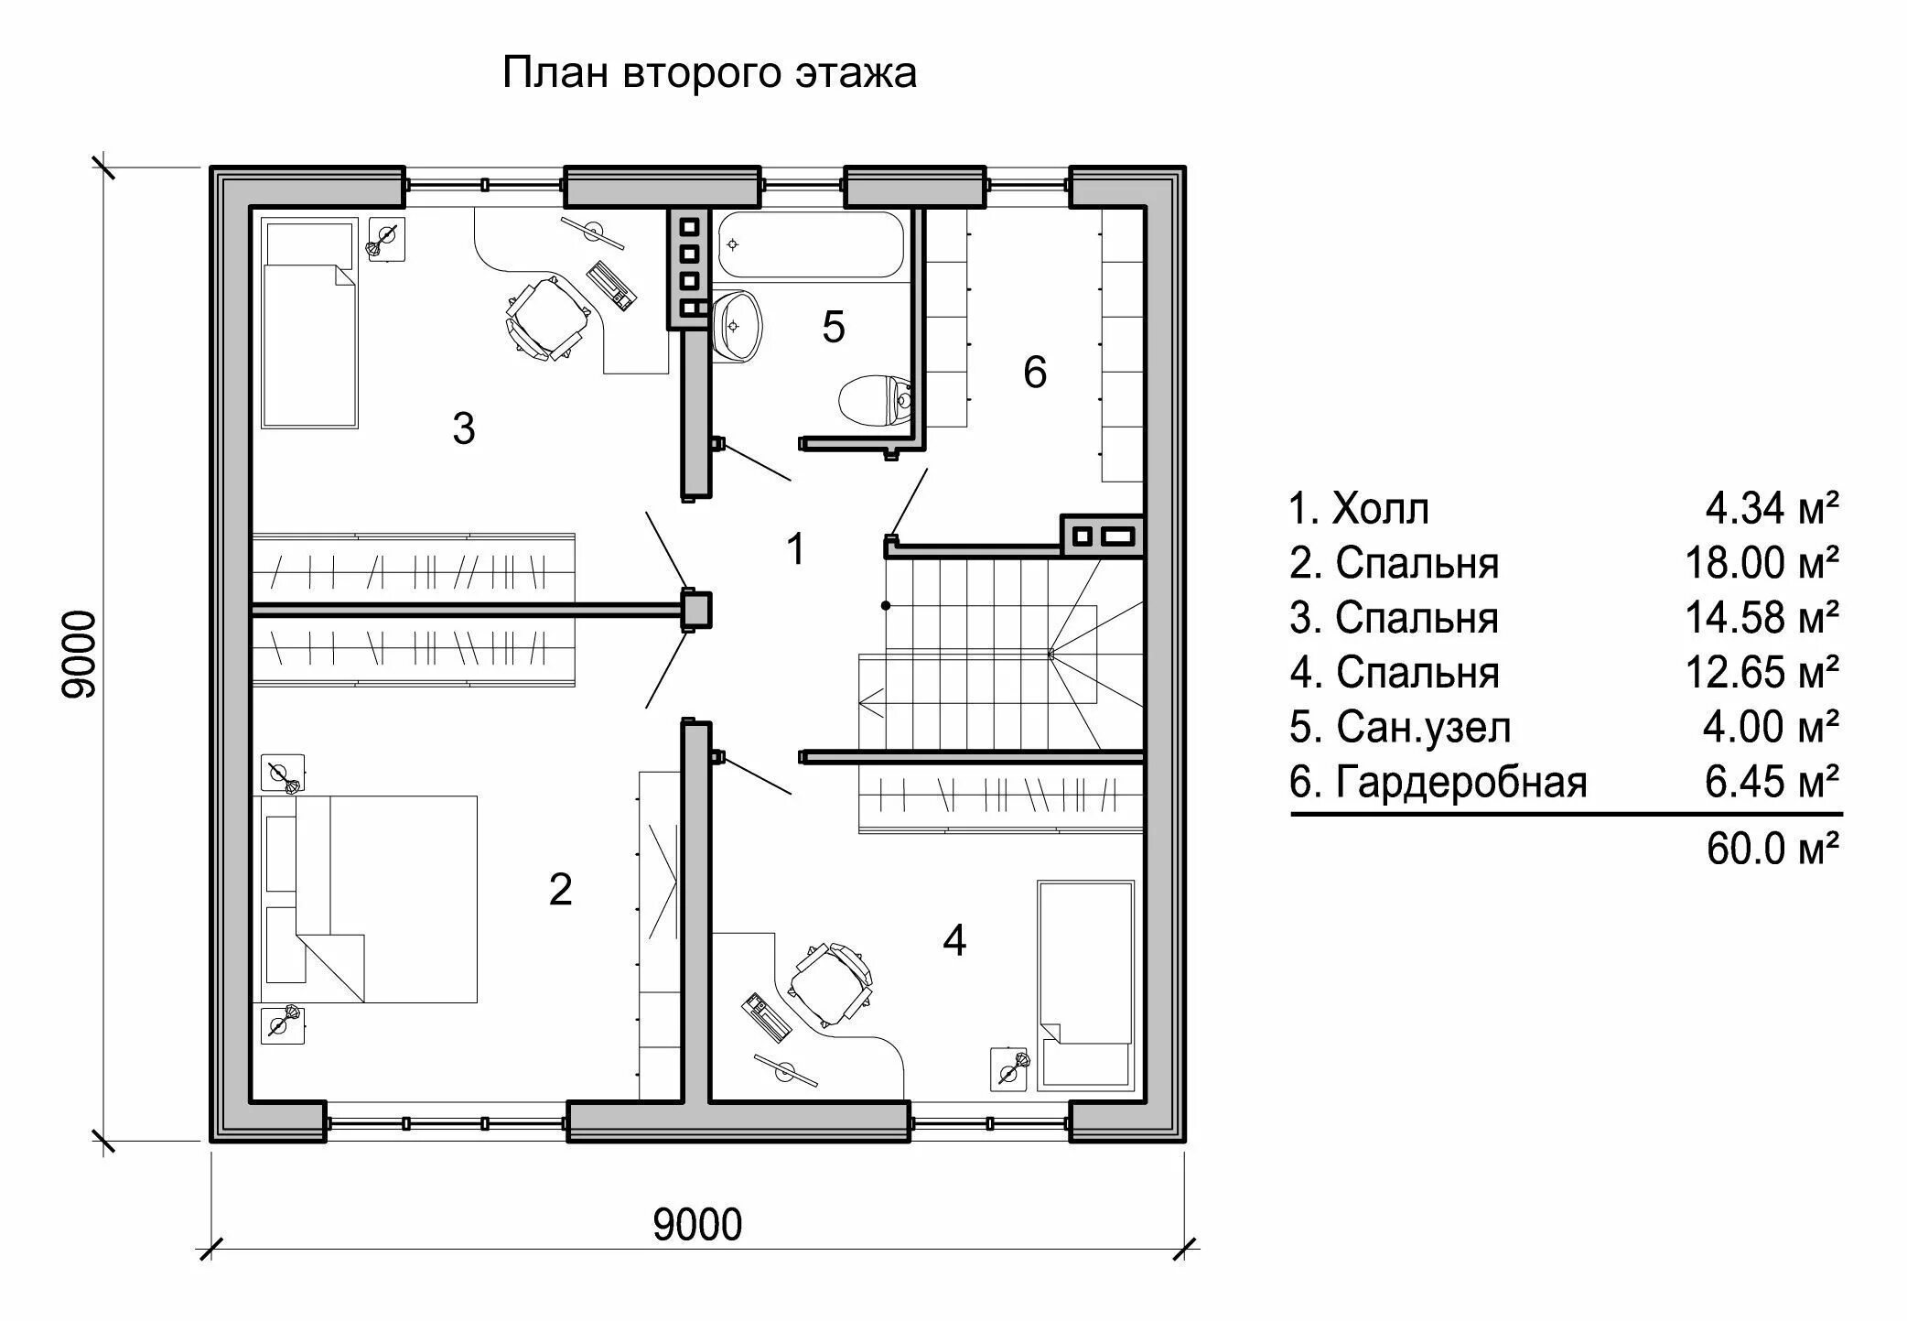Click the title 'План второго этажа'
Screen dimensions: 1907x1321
pos(709,73)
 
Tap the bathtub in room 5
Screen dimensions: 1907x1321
pos(811,244)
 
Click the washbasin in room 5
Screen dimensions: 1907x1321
pos(738,326)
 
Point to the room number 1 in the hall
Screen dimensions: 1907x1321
pos(796,548)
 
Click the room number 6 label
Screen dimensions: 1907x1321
pos(1035,372)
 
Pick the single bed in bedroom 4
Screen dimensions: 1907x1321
pos(1086,985)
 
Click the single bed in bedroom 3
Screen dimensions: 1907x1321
pos(309,322)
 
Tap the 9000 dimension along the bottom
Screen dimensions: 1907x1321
pos(697,1225)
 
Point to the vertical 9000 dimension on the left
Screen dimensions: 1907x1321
pos(80,655)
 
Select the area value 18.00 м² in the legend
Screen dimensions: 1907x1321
pos(1762,563)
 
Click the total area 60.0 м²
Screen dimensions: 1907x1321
pos(1773,849)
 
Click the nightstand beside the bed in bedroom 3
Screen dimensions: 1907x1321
pos(387,240)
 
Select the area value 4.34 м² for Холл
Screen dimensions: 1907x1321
pos(1772,508)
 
